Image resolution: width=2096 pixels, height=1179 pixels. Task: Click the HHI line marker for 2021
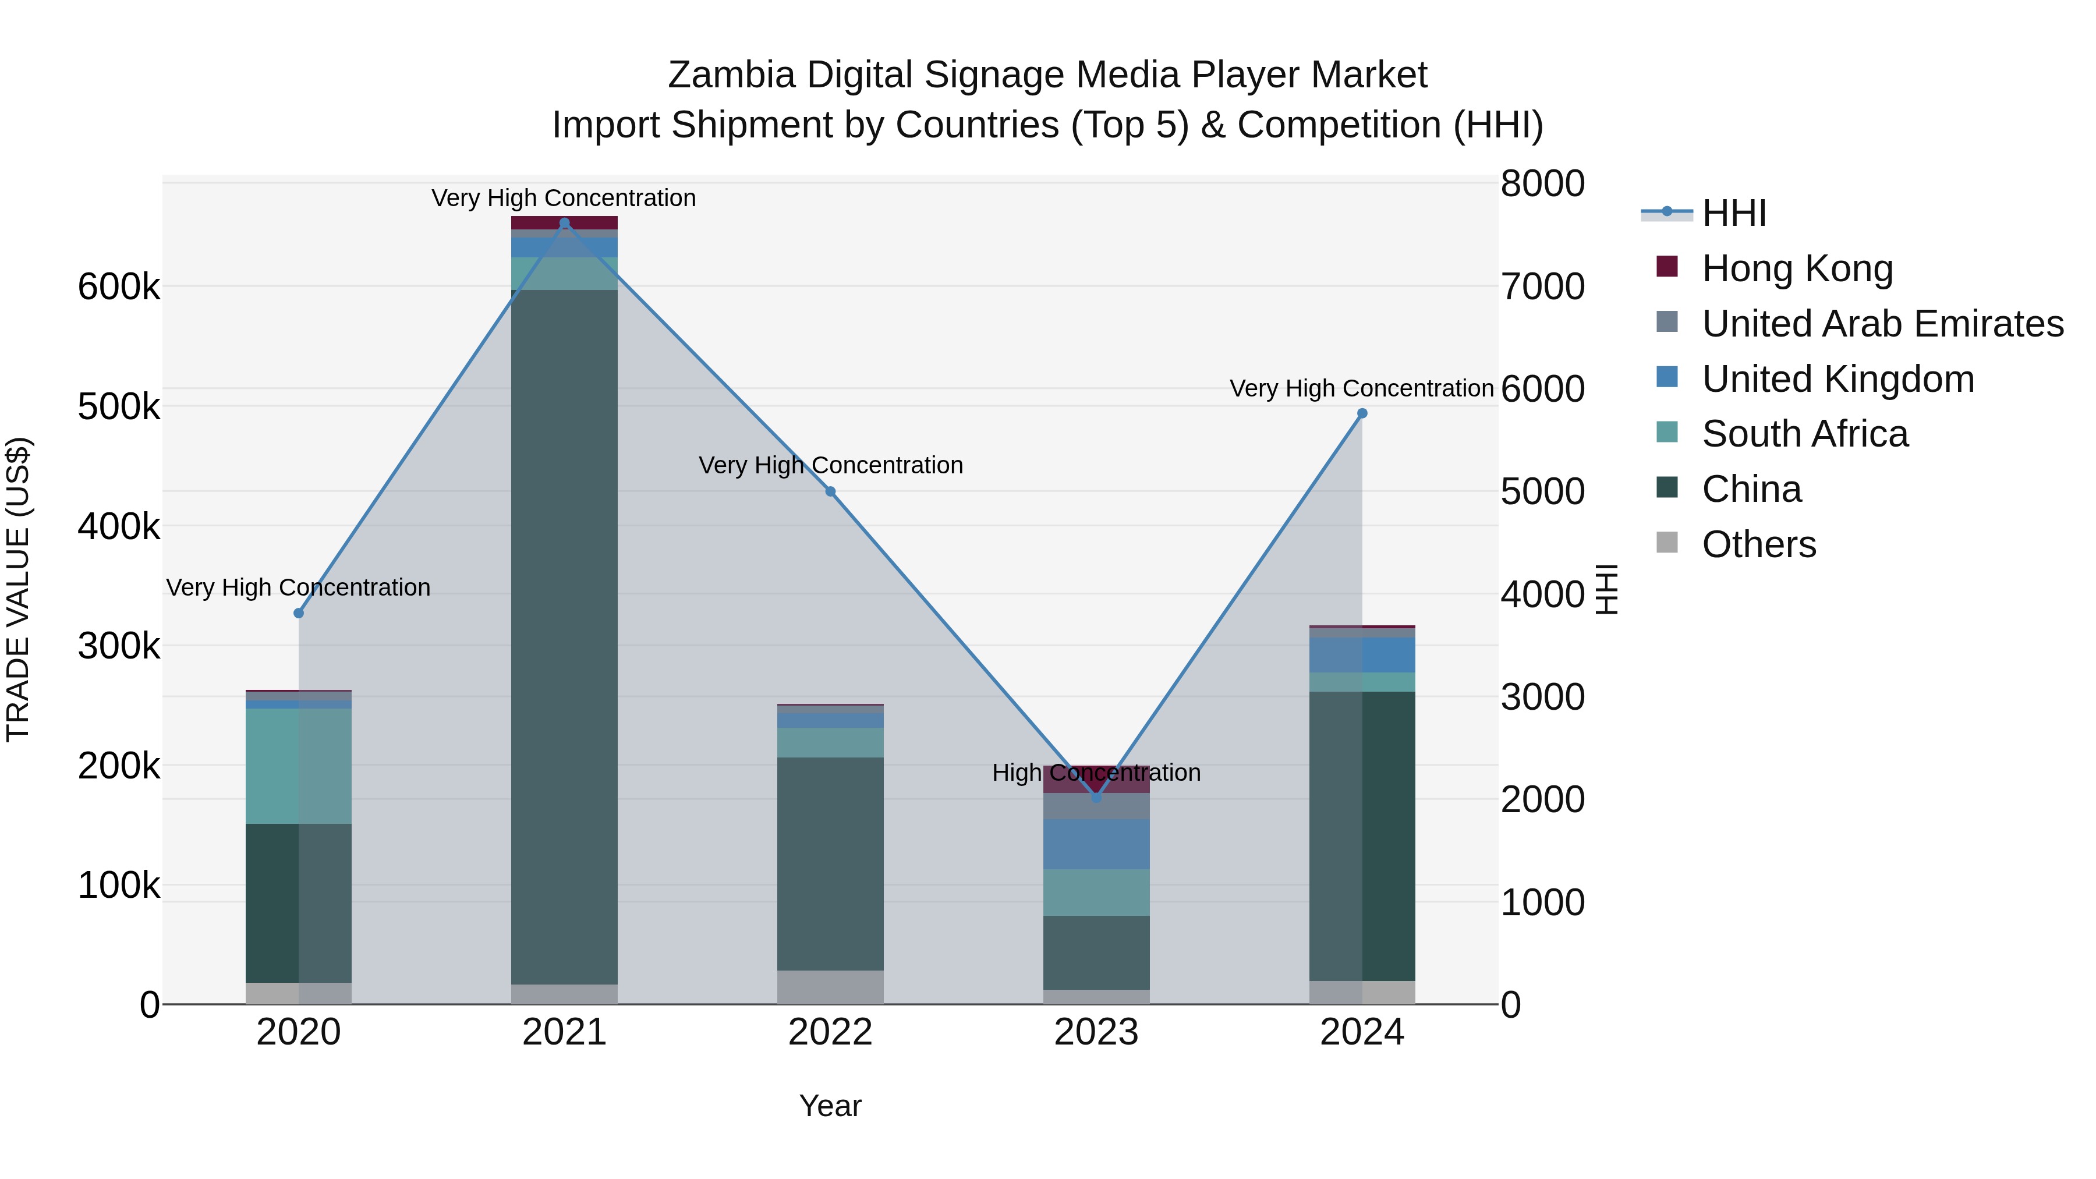pyautogui.click(x=565, y=223)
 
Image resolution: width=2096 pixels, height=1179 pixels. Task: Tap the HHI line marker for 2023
pyautogui.click(x=1096, y=798)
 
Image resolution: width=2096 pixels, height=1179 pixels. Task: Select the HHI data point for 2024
pyautogui.click(x=1362, y=413)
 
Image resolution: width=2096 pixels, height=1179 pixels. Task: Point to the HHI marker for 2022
pyautogui.click(x=830, y=491)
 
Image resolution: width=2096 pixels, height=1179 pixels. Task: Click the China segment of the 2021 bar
pyautogui.click(x=565, y=635)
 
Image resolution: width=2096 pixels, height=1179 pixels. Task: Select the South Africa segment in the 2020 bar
pyautogui.click(x=299, y=765)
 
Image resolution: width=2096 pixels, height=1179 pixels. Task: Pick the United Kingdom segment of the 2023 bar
pyautogui.click(x=1096, y=844)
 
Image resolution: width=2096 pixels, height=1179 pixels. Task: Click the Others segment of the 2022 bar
pyautogui.click(x=830, y=986)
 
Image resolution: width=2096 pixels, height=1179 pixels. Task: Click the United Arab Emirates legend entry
pyautogui.click(x=1882, y=324)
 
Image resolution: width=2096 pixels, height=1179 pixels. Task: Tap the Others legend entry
pyautogui.click(x=1758, y=544)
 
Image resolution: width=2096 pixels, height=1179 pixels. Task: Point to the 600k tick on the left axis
pyautogui.click(x=119, y=287)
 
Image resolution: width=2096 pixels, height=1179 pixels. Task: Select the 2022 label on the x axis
pyautogui.click(x=830, y=1032)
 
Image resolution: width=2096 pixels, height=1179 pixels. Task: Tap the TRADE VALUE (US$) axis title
pyautogui.click(x=18, y=589)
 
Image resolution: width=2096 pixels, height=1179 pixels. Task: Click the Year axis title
pyautogui.click(x=830, y=1106)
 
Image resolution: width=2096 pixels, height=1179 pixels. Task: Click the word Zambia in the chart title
pyautogui.click(x=731, y=75)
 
